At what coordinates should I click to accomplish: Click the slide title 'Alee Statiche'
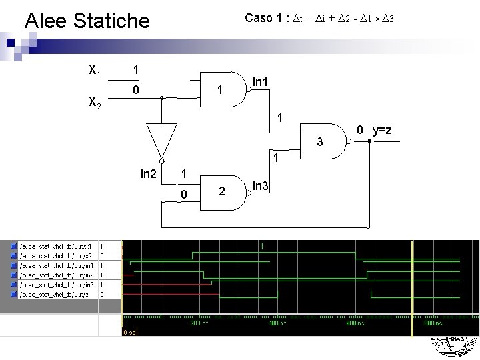[x=87, y=21]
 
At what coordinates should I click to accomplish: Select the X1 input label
[x=95, y=69]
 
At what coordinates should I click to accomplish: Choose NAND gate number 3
[x=323, y=141]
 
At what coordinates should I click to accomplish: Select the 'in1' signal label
[x=261, y=82]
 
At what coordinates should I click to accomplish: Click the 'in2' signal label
[x=149, y=175]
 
